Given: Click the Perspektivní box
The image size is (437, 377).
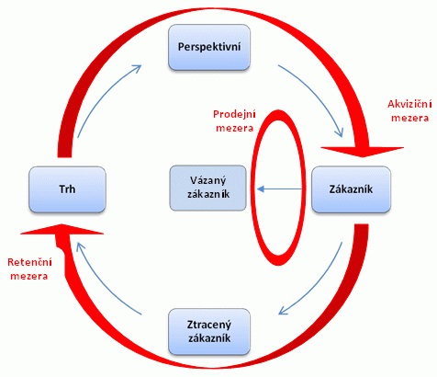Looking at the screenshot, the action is [209, 47].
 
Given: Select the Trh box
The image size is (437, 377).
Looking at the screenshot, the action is [67, 189].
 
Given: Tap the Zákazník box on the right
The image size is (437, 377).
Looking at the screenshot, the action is [351, 189].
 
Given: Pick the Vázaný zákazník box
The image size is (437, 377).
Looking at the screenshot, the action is [208, 188].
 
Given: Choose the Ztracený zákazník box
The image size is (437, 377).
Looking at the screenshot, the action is [209, 332].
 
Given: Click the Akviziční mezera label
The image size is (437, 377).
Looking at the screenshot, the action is [409, 111].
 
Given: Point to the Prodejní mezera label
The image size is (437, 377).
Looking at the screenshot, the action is [234, 120].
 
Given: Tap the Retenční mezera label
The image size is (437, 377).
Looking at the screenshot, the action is [29, 269].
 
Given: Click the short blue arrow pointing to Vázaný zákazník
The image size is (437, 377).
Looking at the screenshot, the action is [280, 189].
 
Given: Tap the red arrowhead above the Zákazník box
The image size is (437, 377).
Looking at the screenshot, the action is [363, 152].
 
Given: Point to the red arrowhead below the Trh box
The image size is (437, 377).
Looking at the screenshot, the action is [62, 229].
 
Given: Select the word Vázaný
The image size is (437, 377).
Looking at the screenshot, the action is [208, 180].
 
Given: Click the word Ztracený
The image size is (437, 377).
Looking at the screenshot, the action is [209, 325].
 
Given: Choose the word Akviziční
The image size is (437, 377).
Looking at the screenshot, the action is [409, 105].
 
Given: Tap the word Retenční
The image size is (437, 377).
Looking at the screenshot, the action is [29, 263].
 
